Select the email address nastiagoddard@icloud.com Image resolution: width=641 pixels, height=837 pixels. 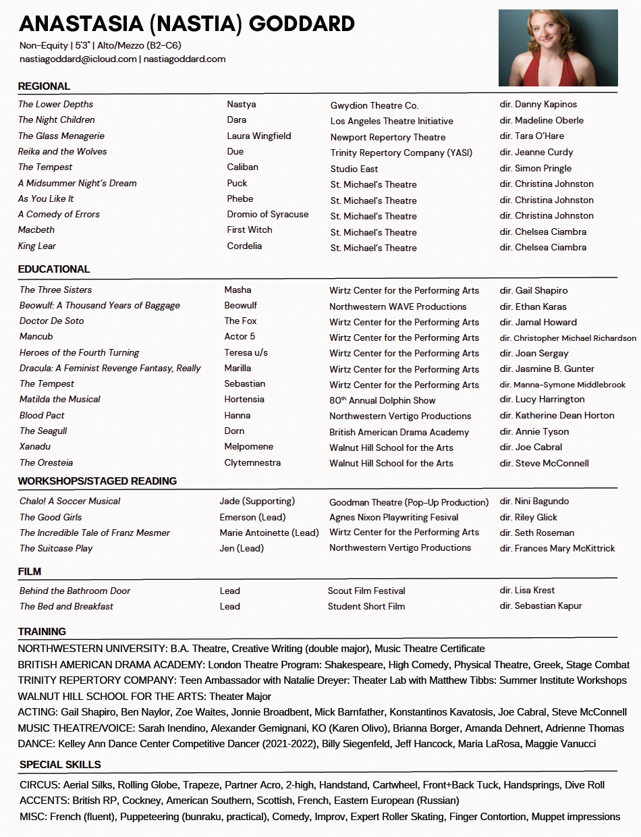pyautogui.click(x=78, y=59)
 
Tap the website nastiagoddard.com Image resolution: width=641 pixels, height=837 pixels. pyautogui.click(x=184, y=59)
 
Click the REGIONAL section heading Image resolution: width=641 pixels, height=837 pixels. pyautogui.click(x=44, y=86)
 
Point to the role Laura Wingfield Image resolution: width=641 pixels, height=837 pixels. pyautogui.click(x=259, y=136)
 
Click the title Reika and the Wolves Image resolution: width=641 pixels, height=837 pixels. pyautogui.click(x=62, y=152)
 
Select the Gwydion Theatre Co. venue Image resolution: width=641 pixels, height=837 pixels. pyautogui.click(x=374, y=105)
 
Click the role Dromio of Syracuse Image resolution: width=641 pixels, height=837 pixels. pyautogui.click(x=268, y=215)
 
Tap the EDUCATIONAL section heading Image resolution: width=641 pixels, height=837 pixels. pyautogui.click(x=54, y=269)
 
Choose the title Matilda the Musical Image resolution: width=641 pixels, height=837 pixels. pyautogui.click(x=60, y=400)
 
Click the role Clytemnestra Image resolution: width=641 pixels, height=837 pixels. pyautogui.click(x=252, y=463)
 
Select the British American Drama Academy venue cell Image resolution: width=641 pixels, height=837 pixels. pyautogui.click(x=399, y=432)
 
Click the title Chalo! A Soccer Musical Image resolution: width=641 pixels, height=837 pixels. pyautogui.click(x=70, y=502)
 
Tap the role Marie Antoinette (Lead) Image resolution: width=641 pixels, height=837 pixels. pyautogui.click(x=269, y=533)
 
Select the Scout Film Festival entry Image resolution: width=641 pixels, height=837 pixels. pyautogui.click(x=366, y=591)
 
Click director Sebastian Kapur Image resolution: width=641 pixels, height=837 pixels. pyautogui.click(x=540, y=606)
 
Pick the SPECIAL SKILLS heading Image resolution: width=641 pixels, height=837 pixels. pyautogui.click(x=60, y=765)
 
